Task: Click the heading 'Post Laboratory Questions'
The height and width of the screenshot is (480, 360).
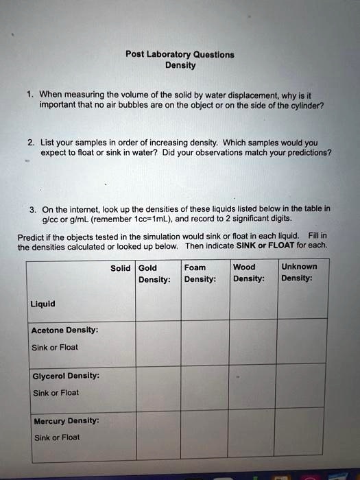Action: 180,54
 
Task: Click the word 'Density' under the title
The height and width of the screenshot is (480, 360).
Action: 180,66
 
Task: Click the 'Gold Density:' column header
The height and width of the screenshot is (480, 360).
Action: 154,273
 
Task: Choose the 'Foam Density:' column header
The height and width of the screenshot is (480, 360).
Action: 200,273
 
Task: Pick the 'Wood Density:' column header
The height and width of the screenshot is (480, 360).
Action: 248,273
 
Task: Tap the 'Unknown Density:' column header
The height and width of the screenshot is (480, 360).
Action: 299,273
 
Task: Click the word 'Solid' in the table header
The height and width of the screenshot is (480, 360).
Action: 121,267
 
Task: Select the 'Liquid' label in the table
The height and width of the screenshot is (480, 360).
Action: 43,304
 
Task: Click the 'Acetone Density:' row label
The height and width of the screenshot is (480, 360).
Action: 64,331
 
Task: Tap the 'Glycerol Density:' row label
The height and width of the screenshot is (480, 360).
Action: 66,376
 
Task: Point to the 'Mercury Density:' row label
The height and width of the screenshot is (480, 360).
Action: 66,420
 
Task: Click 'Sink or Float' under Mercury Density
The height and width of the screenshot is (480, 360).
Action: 57,437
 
